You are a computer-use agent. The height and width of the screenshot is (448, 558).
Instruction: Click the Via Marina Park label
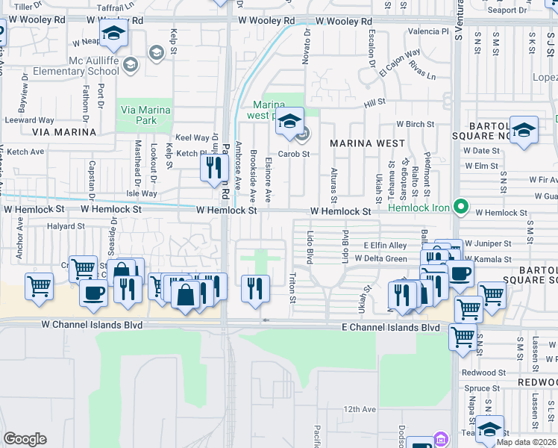click(x=145, y=115)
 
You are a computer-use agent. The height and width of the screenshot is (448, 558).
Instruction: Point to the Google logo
click(x=25, y=439)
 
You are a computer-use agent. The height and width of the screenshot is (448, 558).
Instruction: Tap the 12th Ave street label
click(x=360, y=409)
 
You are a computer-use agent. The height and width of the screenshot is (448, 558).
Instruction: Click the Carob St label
click(x=294, y=154)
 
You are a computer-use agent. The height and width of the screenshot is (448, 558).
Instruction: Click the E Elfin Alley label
click(x=385, y=245)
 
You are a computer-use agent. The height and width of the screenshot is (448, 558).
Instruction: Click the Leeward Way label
click(x=30, y=119)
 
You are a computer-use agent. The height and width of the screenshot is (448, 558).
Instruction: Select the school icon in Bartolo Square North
click(x=524, y=129)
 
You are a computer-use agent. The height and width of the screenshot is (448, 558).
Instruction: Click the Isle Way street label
click(x=142, y=193)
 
